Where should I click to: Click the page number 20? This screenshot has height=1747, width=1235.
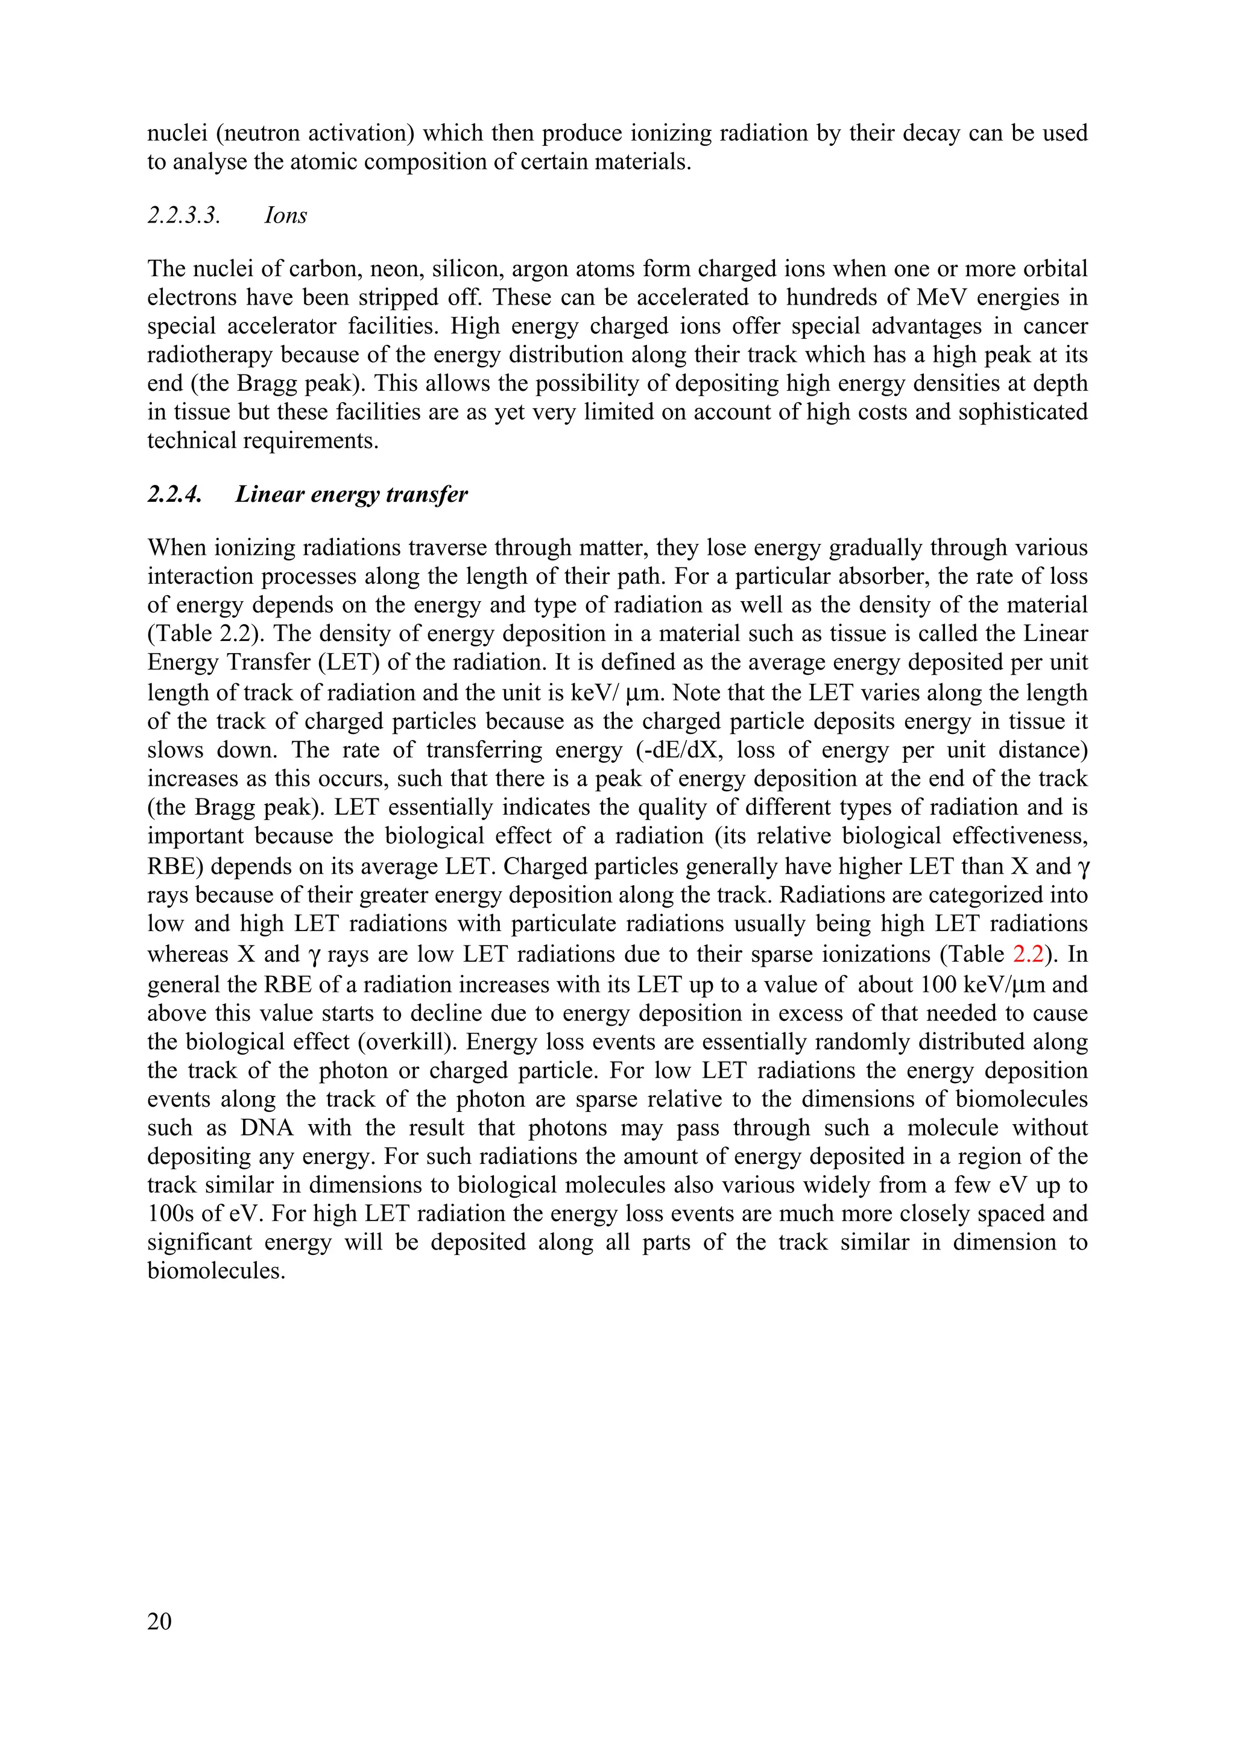click(x=160, y=1622)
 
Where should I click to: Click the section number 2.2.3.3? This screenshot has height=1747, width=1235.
click(x=184, y=215)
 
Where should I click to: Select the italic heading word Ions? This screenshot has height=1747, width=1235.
click(x=285, y=215)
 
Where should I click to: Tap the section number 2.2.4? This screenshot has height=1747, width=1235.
click(x=174, y=494)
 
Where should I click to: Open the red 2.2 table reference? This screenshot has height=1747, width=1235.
click(x=1028, y=953)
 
